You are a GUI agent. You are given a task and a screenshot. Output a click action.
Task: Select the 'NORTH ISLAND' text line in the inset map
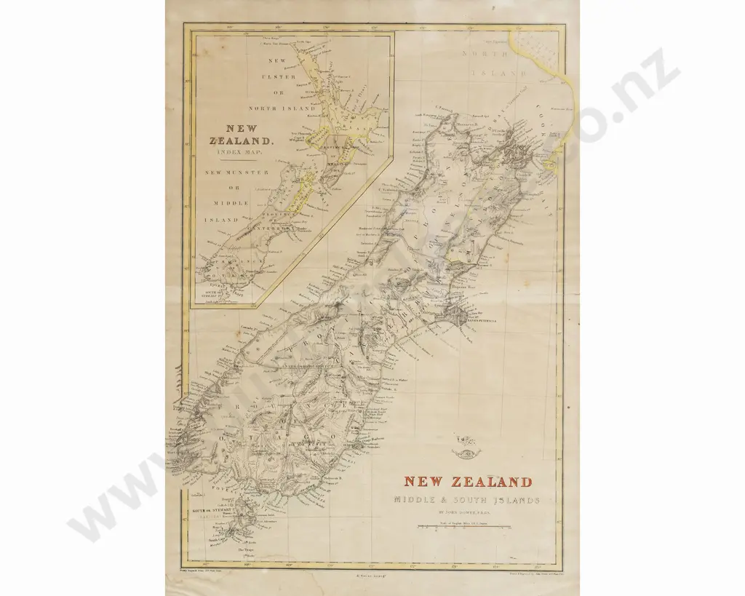[x=277, y=108]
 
